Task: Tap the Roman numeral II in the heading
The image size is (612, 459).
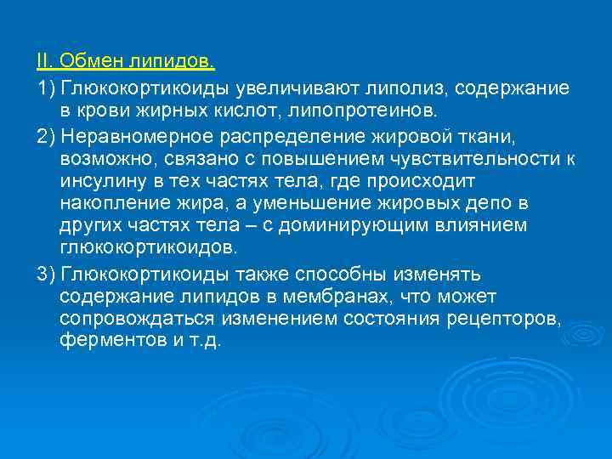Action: tap(43, 61)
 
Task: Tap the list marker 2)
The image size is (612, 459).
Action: tap(45, 138)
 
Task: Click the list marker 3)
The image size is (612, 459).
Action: tap(45, 275)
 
